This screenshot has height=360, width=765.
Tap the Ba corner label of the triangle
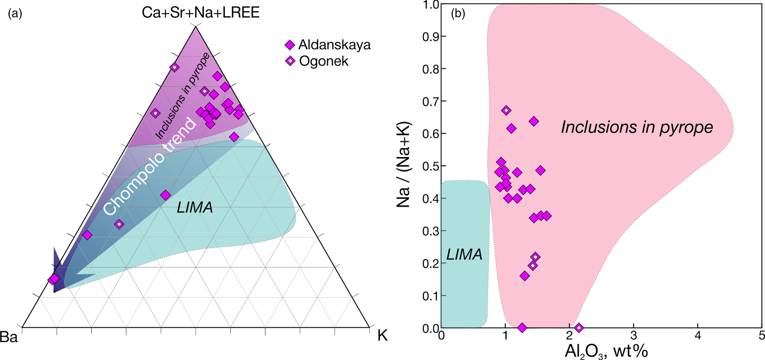coord(9,337)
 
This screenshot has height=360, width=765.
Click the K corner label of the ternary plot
coord(382,336)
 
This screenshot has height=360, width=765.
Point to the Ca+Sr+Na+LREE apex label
coord(200,13)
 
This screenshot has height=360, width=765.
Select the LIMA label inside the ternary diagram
coord(195,208)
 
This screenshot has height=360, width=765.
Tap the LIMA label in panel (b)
coord(464,254)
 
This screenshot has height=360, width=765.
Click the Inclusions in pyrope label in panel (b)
coord(637,127)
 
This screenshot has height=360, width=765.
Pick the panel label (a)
coord(15,14)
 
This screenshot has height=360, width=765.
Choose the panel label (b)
coord(458,14)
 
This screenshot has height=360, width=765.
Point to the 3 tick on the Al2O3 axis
coord(634,336)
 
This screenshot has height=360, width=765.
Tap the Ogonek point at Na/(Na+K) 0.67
coord(506,110)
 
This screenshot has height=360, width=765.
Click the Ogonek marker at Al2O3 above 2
coord(579,327)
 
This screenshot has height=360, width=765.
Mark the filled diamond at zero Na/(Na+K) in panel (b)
coord(522,327)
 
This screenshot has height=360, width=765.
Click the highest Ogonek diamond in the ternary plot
coord(175,67)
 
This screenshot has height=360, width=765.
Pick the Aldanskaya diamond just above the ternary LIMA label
coord(165,195)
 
